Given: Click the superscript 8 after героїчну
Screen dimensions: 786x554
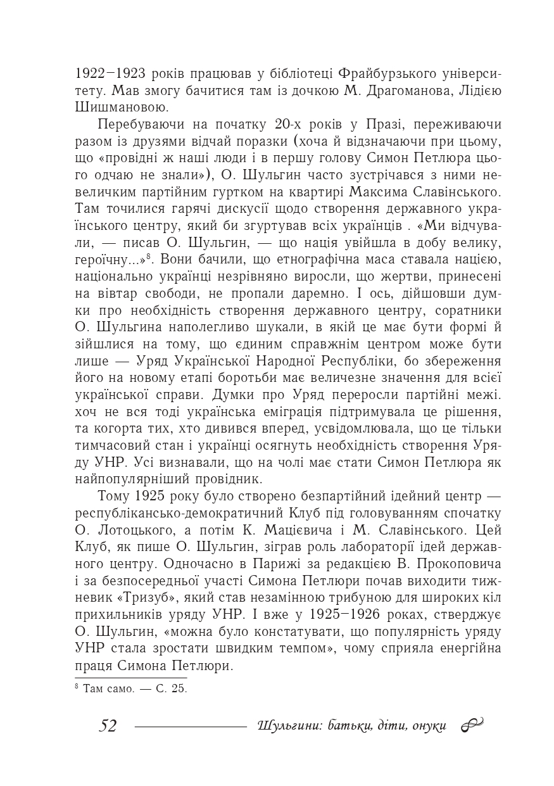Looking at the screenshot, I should [146, 255].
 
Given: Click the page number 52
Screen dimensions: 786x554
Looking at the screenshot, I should [108, 726].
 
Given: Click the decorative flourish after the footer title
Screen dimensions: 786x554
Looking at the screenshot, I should [472, 725].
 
